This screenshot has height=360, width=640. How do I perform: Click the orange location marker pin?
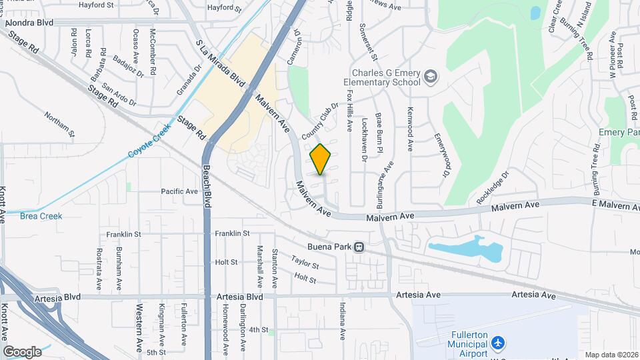[321, 159]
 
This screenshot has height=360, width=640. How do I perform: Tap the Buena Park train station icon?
[359, 247]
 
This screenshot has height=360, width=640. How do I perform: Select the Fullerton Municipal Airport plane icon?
[497, 342]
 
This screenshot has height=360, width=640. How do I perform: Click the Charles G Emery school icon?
[430, 77]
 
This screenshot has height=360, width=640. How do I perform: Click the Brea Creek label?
[41, 216]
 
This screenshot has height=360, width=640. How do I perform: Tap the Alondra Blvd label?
[28, 22]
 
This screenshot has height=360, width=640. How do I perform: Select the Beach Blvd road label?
[207, 186]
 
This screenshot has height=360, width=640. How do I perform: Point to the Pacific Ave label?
[179, 191]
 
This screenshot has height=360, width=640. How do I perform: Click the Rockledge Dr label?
[493, 188]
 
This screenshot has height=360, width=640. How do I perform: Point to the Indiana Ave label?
[343, 319]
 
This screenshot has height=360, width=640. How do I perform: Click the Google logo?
[22, 351]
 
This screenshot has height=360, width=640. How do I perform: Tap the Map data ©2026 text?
[611, 355]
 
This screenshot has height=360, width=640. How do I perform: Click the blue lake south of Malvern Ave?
[467, 249]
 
